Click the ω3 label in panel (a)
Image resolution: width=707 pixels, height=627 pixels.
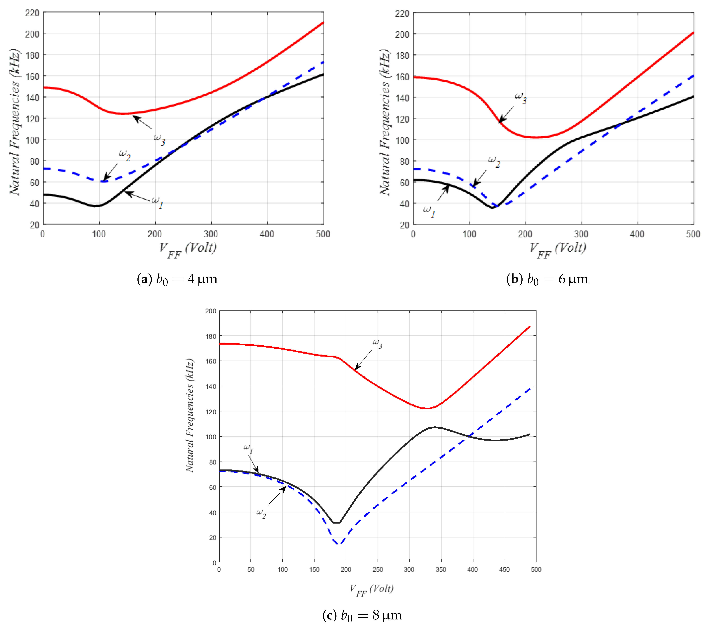pyautogui.click(x=159, y=139)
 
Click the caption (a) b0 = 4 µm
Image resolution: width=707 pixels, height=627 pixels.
pyautogui.click(x=177, y=279)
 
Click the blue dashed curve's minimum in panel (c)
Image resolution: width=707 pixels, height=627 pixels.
pyautogui.click(x=338, y=544)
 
